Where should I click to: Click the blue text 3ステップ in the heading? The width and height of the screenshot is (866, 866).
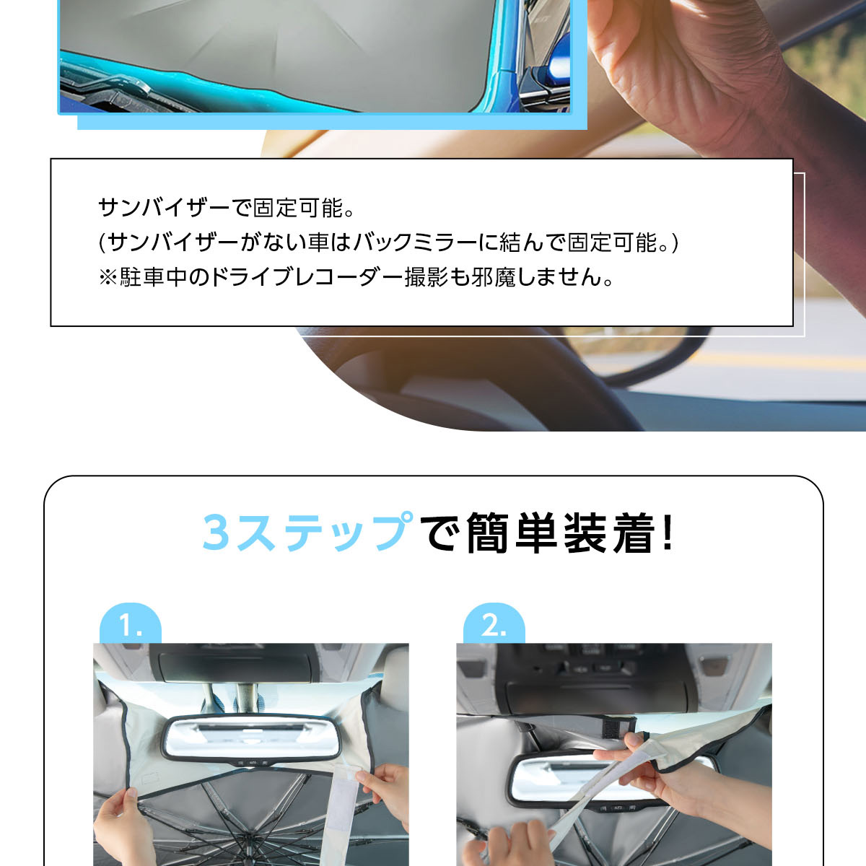[x=307, y=533]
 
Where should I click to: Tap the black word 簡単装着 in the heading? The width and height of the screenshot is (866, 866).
[x=560, y=533]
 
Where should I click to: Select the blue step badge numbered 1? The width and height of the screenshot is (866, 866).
[x=131, y=624]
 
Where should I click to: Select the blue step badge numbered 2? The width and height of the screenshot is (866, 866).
[x=494, y=624]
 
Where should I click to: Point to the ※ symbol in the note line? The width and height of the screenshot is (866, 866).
[x=108, y=277]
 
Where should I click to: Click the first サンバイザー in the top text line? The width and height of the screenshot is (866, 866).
[x=164, y=208]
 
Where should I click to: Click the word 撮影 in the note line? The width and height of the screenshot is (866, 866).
[x=426, y=277]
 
